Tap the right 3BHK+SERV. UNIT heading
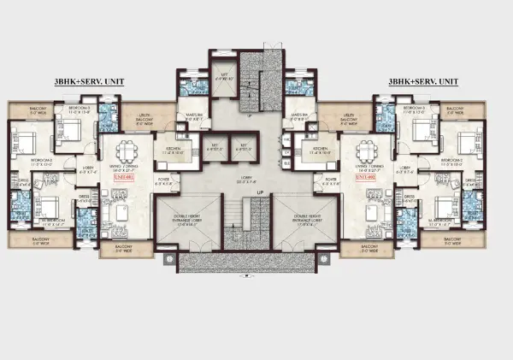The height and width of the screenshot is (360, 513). tap(423, 81)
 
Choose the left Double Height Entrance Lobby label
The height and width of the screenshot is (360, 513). tap(192, 219)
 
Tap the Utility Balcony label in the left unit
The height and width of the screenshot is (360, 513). tap(144, 119)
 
